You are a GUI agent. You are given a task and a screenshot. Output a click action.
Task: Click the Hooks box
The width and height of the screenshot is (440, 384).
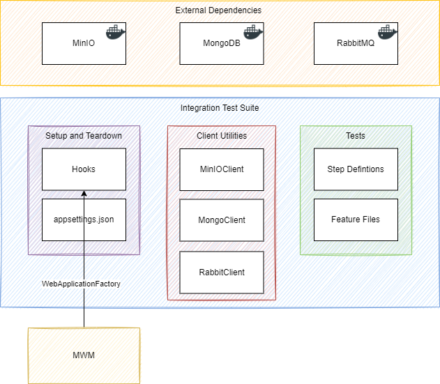(84, 169)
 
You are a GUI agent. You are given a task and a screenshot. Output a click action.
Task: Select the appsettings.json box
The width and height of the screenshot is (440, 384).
(84, 220)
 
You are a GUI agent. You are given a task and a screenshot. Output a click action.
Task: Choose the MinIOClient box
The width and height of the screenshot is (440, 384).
(222, 169)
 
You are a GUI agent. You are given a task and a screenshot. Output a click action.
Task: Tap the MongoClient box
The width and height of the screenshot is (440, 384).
(222, 220)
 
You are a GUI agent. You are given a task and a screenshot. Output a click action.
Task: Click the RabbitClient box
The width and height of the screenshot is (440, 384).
(222, 272)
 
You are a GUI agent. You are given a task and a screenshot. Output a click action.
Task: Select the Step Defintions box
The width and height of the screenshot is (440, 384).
(356, 169)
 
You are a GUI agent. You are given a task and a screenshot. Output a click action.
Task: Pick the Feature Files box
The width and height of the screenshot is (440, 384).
(356, 220)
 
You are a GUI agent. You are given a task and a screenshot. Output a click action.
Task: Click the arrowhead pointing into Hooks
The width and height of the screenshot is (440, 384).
(84, 194)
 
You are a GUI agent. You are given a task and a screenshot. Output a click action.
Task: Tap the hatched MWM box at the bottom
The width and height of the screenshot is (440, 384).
(84, 355)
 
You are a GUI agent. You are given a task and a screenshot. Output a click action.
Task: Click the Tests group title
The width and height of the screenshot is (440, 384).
(356, 135)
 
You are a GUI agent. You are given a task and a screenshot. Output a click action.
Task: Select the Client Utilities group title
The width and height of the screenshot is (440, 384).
(222, 135)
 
